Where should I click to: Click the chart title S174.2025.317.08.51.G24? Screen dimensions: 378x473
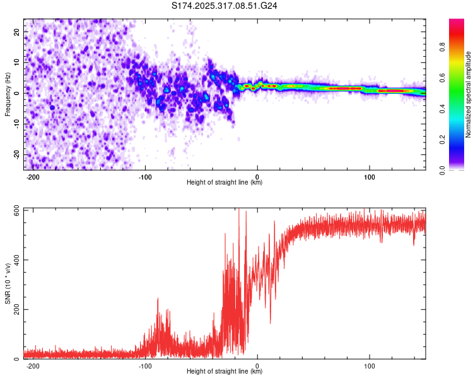pyautogui.click(x=225, y=6)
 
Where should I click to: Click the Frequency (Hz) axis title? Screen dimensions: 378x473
pyautogui.click(x=8, y=94)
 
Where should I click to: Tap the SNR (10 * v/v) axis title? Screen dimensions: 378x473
pyautogui.click(x=8, y=283)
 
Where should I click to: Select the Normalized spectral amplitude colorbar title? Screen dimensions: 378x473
pyautogui.click(x=469, y=94)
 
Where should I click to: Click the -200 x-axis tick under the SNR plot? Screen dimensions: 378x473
pyautogui.click(x=33, y=365)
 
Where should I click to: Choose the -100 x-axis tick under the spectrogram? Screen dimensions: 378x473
pyautogui.click(x=145, y=176)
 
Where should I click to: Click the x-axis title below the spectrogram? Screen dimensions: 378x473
pyautogui.click(x=225, y=183)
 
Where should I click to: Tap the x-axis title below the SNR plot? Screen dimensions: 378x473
pyautogui.click(x=225, y=372)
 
